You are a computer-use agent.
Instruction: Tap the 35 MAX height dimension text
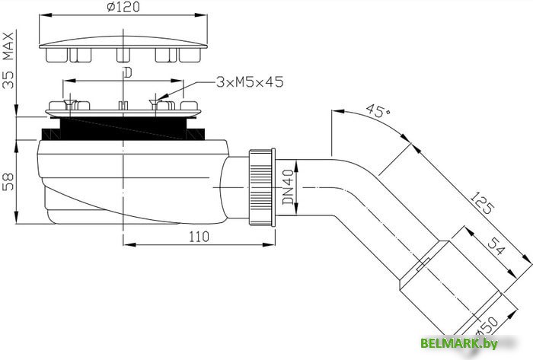point(9,59)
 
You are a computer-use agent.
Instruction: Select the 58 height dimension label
point(9,182)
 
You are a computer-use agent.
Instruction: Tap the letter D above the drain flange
point(127,73)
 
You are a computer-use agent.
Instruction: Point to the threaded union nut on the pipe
point(260,186)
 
